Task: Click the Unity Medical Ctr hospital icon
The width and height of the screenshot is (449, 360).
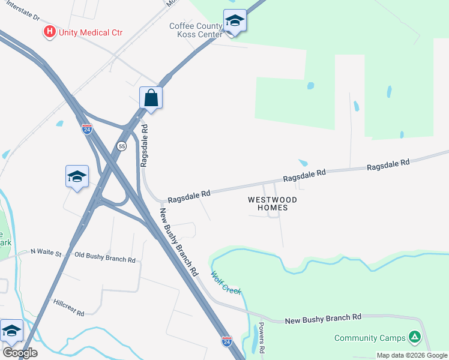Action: pyautogui.click(x=50, y=31)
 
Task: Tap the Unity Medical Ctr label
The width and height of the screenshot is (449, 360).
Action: pyautogui.click(x=90, y=32)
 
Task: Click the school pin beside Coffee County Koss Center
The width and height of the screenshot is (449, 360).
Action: pyautogui.click(x=235, y=21)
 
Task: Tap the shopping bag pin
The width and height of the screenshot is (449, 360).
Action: pyautogui.click(x=151, y=97)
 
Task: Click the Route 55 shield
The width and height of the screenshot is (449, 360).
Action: pyautogui.click(x=122, y=146)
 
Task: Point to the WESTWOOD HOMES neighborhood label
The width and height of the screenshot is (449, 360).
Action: pyautogui.click(x=273, y=203)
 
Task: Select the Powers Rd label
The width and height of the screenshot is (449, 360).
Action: pyautogui.click(x=261, y=337)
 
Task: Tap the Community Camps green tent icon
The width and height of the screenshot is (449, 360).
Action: pyautogui.click(x=414, y=337)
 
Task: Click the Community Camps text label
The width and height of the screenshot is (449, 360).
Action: pyautogui.click(x=370, y=338)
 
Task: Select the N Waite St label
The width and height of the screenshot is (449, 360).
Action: pyautogui.click(x=46, y=253)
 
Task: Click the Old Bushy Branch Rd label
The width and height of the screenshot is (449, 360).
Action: pyautogui.click(x=105, y=259)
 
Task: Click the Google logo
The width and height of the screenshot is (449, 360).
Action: pyautogui.click(x=20, y=352)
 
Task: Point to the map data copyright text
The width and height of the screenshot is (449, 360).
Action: pyautogui.click(x=412, y=355)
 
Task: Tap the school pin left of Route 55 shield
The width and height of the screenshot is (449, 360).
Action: pyautogui.click(x=77, y=176)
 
